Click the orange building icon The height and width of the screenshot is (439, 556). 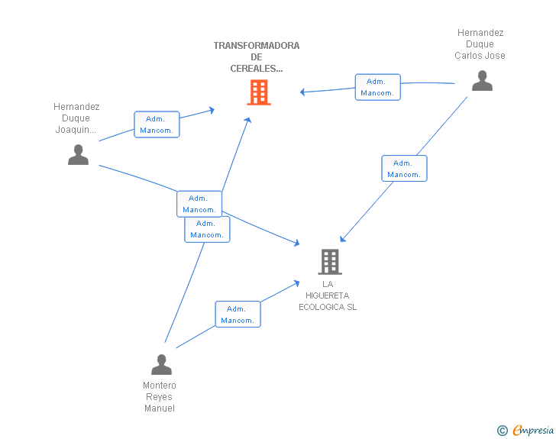coord(259,92)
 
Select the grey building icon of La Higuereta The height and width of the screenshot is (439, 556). coord(330,262)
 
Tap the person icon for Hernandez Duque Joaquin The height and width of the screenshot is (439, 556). coord(78,155)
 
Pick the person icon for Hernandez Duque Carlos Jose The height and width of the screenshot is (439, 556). coord(482,81)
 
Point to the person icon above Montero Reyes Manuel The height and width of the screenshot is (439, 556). coord(161,364)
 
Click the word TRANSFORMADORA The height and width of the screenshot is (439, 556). coord(257,45)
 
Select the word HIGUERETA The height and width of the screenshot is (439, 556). coord(328,295)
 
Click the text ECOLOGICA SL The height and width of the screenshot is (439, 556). coord(328,307)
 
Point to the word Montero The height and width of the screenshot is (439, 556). coord(160,386)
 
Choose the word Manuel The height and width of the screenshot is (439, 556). coord(160,408)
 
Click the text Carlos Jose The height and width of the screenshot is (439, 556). coord(480,56)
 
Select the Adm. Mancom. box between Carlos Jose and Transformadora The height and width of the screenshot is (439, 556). coord(377,87)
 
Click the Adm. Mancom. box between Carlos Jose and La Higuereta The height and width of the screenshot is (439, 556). coord(404,169)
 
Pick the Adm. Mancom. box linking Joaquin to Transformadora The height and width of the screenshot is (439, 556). coord(157,124)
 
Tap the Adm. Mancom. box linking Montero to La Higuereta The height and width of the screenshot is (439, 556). coord(238,315)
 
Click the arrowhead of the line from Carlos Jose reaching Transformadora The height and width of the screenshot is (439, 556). coord(302,92)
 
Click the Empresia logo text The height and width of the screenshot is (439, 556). coord(533,431)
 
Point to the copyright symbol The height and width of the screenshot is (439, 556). coord(503,431)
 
